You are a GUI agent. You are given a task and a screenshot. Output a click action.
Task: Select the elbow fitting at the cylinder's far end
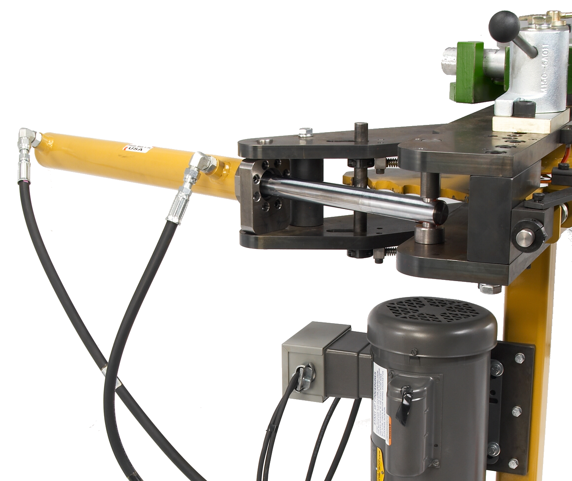tap(28, 137)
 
